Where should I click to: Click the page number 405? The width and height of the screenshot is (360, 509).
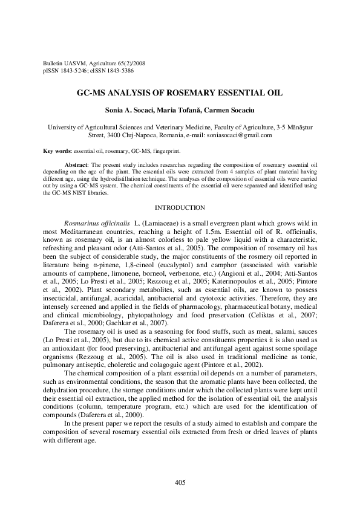pos(180,482)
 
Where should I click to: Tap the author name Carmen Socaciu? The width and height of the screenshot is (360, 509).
pos(234,112)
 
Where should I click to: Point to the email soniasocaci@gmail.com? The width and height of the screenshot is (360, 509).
pos(240,135)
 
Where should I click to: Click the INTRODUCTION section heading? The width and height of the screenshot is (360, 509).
pos(180,207)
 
